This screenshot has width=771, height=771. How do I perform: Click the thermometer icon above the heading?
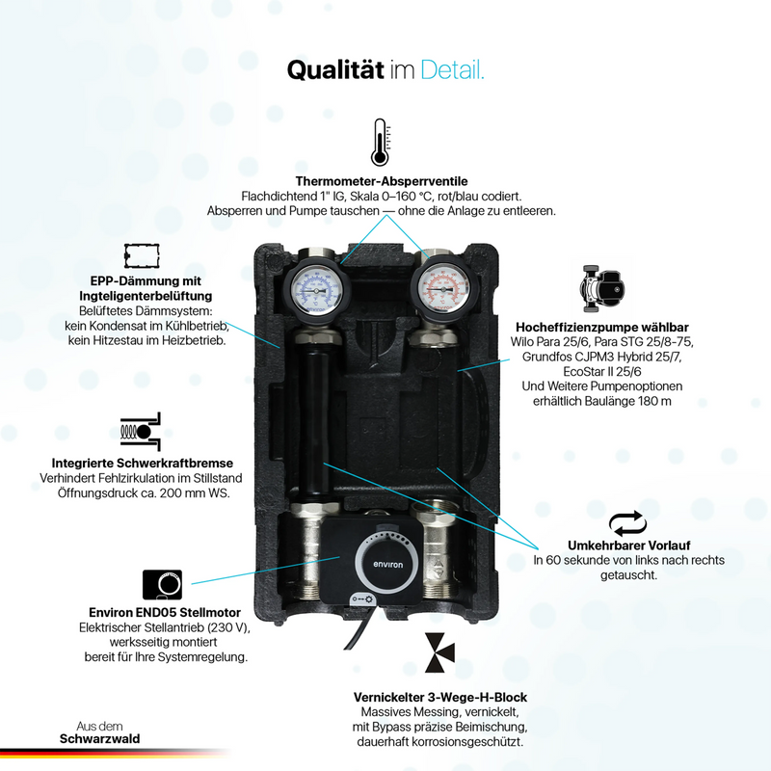[380, 142]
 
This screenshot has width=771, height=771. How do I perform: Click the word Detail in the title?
[452, 69]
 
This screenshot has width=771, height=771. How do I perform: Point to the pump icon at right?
[601, 288]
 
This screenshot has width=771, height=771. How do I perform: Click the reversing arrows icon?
[627, 523]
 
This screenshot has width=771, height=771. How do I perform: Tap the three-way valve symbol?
[439, 652]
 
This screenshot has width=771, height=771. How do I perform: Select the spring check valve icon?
[141, 431]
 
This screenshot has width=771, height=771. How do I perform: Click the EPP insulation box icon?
[142, 255]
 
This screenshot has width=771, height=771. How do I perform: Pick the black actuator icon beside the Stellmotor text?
[162, 585]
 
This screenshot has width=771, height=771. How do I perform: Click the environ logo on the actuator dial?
[388, 565]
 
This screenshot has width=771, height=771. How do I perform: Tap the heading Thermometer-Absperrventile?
[382, 181]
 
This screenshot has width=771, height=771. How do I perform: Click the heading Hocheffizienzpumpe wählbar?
[601, 327]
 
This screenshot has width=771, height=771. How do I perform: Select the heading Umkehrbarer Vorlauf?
[629, 545]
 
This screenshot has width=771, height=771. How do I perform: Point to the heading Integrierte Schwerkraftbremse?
[142, 463]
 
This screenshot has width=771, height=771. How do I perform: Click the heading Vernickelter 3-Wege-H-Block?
[440, 697]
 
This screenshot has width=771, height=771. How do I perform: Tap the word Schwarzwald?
[100, 738]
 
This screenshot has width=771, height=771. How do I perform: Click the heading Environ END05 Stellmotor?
[165, 612]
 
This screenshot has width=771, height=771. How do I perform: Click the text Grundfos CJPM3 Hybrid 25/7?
[601, 357]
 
